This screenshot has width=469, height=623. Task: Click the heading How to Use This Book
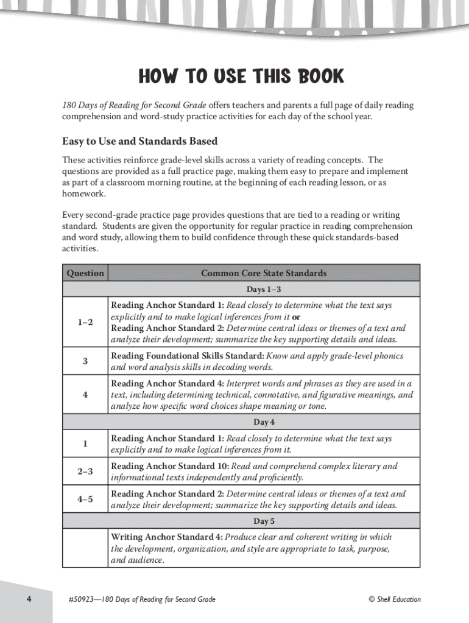pyautogui.click(x=241, y=77)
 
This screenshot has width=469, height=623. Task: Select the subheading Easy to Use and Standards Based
pyautogui.click(x=139, y=141)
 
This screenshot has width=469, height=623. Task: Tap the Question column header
pyautogui.click(x=85, y=273)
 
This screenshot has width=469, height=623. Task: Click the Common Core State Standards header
pyautogui.click(x=264, y=273)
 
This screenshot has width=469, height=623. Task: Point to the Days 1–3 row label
pyautogui.click(x=263, y=289)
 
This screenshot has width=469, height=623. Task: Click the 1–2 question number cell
pyautogui.click(x=85, y=322)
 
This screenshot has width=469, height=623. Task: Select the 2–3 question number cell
pyautogui.click(x=85, y=472)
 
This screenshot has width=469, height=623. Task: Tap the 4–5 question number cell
pyautogui.click(x=85, y=499)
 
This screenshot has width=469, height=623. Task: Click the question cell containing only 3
pyautogui.click(x=85, y=361)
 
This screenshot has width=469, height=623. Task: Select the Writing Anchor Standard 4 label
pyautogui.click(x=166, y=537)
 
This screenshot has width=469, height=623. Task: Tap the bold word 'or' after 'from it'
pyautogui.click(x=296, y=317)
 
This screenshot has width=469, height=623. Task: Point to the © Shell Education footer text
pyautogui.click(x=394, y=600)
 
